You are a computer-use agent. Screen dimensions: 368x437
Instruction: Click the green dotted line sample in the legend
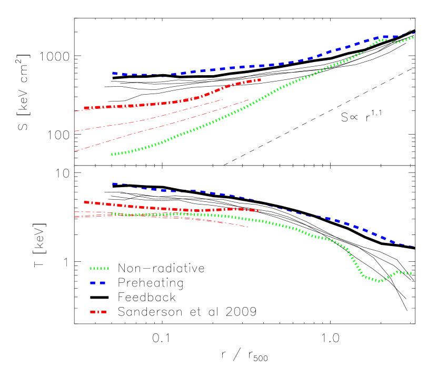tap(99, 268)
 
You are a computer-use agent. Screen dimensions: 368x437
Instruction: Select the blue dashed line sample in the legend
tap(98, 283)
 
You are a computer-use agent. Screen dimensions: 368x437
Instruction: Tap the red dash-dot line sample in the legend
tap(98, 312)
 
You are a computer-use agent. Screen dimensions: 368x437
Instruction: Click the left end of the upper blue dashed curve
tap(113, 73)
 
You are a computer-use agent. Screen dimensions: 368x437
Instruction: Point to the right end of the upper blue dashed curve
tap(415, 33)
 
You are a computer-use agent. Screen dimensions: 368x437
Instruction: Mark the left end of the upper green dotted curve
tap(112, 155)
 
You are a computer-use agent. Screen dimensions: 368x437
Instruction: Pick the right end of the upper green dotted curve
tap(413, 37)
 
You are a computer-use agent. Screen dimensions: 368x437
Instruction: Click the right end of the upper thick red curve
tap(260, 80)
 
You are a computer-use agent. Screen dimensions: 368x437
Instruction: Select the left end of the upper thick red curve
tap(85, 108)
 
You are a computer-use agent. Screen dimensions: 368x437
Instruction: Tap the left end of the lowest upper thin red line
tap(75, 151)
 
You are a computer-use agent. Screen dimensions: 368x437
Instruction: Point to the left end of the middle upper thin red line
tap(75, 131)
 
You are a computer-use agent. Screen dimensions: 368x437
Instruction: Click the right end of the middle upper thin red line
tap(223, 99)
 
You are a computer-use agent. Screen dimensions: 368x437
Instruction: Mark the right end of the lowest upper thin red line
tap(249, 100)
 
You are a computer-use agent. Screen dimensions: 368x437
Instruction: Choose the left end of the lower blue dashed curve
tap(113, 183)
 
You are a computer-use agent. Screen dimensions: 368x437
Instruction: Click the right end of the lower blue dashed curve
tap(415, 246)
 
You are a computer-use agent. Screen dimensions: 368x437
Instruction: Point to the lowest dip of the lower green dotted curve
tap(379, 281)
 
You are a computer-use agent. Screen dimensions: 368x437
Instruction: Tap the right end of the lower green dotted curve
tap(414, 273)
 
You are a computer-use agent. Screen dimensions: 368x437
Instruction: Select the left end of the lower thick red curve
tap(85, 202)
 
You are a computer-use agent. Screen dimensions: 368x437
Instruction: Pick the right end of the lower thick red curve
tap(260, 211)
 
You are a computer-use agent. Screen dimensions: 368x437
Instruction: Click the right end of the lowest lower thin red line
tap(249, 227)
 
